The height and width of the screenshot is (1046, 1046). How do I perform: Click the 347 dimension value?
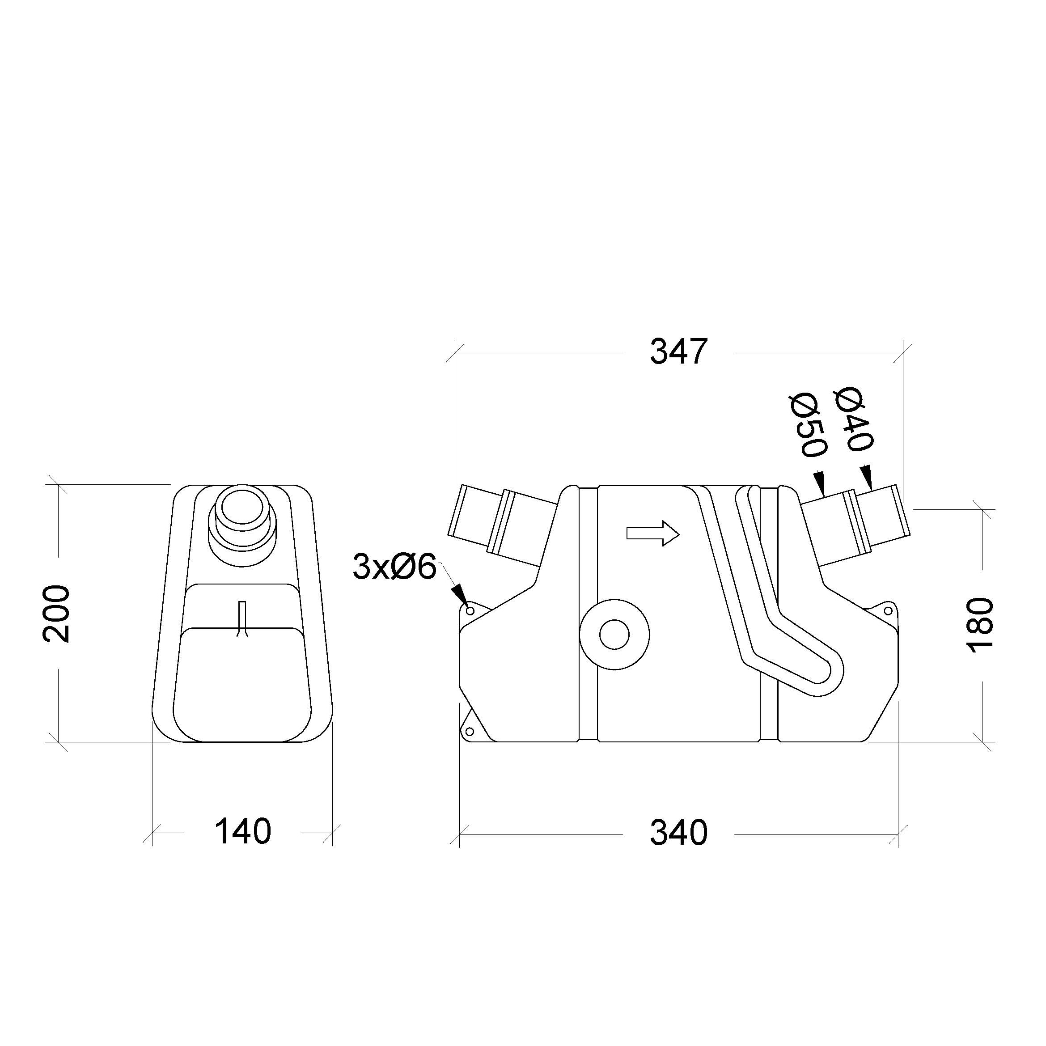(x=678, y=352)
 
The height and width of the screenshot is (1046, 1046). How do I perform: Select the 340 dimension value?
(x=678, y=833)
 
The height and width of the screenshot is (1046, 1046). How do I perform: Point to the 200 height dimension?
(x=56, y=614)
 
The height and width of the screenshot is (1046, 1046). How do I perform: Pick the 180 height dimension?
(x=980, y=625)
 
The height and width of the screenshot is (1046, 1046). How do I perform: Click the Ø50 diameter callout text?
(x=808, y=425)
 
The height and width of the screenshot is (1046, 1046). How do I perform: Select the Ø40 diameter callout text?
(x=854, y=419)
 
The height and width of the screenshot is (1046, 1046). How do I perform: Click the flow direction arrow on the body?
(x=652, y=534)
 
